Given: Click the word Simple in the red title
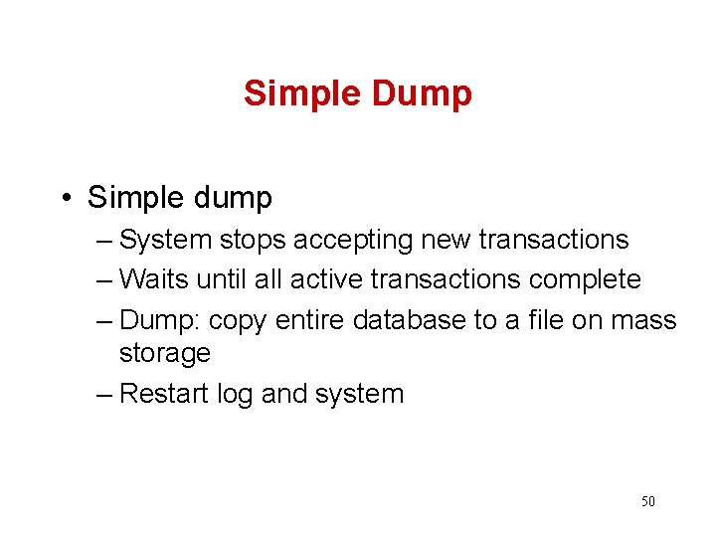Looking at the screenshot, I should point(303,93).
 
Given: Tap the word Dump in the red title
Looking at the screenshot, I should point(422,93).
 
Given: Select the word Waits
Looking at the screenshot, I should point(154,280).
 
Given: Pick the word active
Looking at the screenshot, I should point(334,280).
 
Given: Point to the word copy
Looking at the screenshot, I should point(239,321).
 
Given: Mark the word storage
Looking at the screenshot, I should point(164,353).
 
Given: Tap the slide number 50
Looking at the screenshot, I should point(647,501).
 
